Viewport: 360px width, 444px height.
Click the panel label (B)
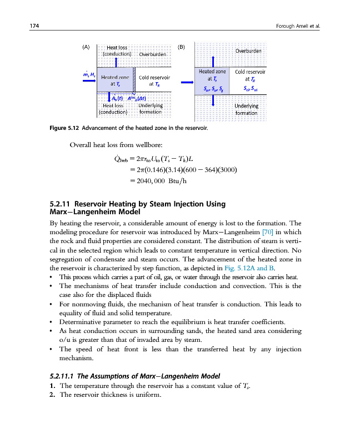coord(181,47)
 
